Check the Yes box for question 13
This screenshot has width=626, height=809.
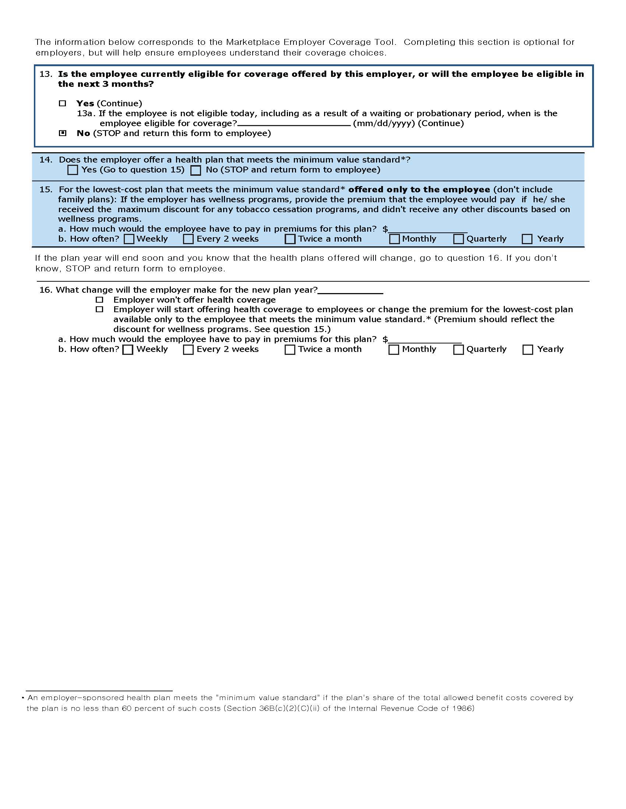(62, 103)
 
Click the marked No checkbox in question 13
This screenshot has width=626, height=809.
(63, 133)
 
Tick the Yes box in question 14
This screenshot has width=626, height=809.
(73, 170)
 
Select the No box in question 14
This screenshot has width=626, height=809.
(196, 170)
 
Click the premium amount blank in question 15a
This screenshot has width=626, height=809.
(428, 229)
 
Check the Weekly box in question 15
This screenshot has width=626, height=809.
(129, 239)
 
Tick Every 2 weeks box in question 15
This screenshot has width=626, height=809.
(189, 239)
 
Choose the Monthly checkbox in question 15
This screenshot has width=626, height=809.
(394, 239)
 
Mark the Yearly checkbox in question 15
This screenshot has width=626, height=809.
(527, 239)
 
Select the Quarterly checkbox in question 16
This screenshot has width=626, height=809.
(458, 349)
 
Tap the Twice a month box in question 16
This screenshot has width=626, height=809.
(290, 349)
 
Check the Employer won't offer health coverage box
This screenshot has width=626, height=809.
(99, 300)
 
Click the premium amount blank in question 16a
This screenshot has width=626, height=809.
(425, 340)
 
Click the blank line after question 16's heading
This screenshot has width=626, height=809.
(351, 291)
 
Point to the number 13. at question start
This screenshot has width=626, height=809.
(46, 74)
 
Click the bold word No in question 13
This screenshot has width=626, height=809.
(83, 133)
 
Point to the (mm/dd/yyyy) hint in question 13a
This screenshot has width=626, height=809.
(383, 123)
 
